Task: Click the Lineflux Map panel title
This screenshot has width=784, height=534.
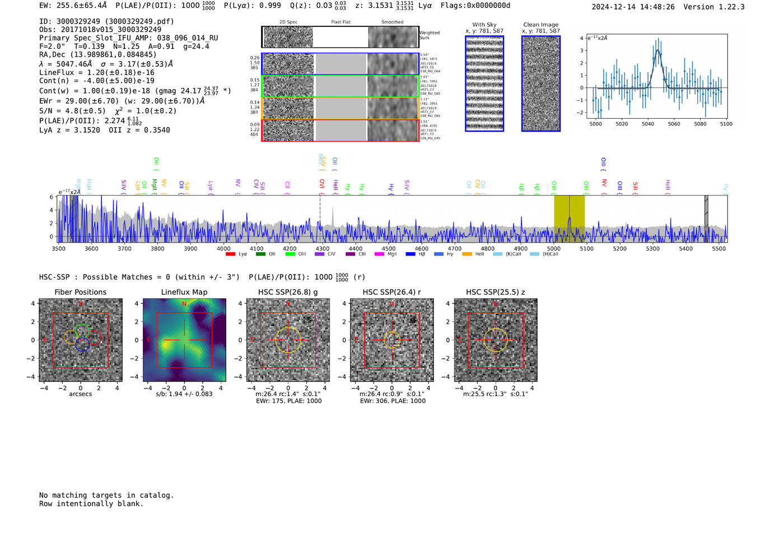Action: pos(184,292)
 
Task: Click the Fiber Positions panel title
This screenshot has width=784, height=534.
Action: pos(80,292)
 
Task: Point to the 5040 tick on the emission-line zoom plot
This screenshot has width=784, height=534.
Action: pos(648,124)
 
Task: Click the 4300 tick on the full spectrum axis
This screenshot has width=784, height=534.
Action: pos(323,248)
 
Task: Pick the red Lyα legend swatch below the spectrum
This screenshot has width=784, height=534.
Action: pos(230,254)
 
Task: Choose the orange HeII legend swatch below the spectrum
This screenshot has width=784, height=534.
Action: pos(467,254)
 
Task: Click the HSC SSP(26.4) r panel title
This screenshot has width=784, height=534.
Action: pos(391,292)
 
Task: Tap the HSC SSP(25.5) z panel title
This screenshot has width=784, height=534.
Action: pos(496,292)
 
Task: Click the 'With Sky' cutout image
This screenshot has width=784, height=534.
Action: pos(484,83)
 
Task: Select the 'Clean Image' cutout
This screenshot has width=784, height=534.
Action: pos(541,83)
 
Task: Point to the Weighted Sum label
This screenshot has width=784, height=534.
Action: pos(430,35)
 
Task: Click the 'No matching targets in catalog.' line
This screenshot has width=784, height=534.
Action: pos(106,495)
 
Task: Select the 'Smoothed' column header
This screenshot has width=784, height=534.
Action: pos(392,22)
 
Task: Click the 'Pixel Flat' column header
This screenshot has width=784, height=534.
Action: pos(340,22)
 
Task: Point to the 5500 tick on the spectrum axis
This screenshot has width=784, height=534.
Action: pos(718,248)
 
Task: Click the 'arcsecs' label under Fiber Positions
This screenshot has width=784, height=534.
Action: pos(80,394)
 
